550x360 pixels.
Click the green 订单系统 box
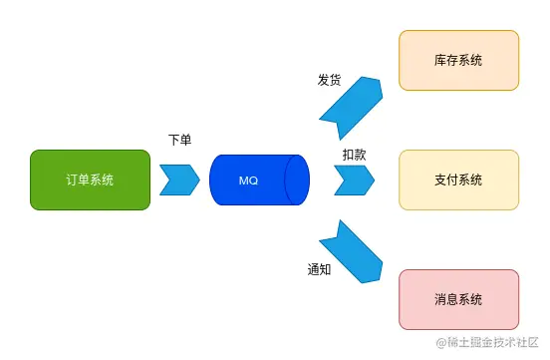[90, 180]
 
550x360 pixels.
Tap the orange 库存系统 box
[458, 60]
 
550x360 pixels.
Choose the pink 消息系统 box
[458, 299]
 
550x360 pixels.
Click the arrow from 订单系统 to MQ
[179, 180]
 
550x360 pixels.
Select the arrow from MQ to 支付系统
[354, 180]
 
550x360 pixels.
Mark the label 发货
[329, 80]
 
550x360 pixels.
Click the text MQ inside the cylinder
[249, 180]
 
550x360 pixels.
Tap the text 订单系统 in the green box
[90, 180]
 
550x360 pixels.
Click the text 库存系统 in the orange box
[458, 61]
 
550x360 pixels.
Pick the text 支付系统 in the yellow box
[458, 180]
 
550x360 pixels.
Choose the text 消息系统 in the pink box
[458, 299]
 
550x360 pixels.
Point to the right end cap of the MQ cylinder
[297, 180]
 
